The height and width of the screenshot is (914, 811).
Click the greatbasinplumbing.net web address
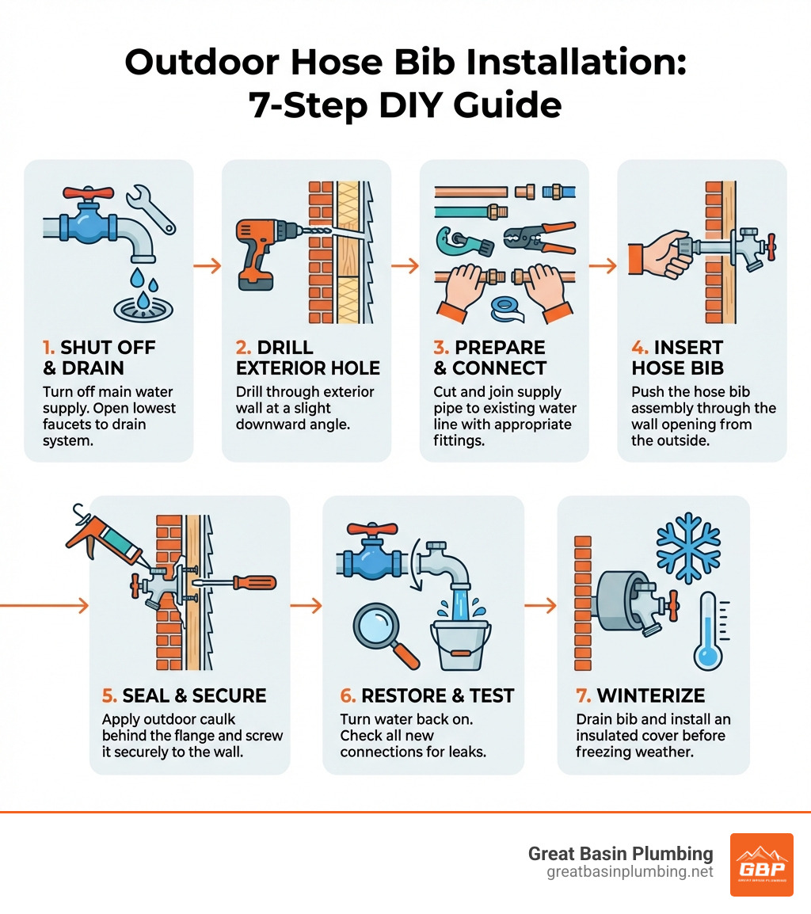click(x=630, y=872)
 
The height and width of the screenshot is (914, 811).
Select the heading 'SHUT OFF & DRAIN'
click(x=98, y=358)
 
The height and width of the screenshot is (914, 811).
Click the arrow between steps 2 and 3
click(x=405, y=266)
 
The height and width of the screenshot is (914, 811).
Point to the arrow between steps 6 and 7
click(x=540, y=606)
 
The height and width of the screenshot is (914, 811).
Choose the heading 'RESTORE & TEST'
click(x=428, y=695)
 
